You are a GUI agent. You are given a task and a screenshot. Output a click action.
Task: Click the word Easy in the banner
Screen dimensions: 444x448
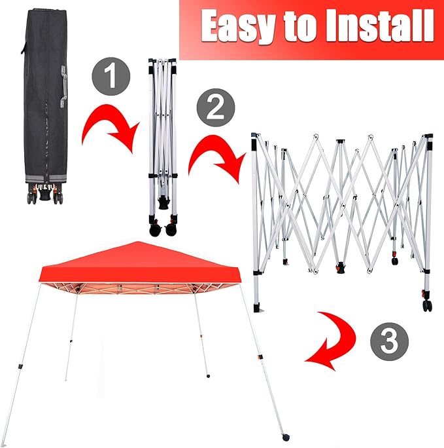[238, 26]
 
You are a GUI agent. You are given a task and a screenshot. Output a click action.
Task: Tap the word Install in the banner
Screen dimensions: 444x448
[379, 26]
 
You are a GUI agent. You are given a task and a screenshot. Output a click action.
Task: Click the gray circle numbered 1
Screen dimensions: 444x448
[111, 76]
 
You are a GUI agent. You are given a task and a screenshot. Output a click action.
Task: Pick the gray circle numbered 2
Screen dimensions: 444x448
[216, 107]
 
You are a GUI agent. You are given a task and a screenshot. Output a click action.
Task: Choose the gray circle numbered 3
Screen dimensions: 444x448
[389, 341]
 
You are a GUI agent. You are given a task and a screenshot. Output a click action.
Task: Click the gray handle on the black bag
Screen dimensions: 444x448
[63, 86]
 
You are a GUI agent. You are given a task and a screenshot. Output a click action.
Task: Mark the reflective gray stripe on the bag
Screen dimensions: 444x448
[46, 179]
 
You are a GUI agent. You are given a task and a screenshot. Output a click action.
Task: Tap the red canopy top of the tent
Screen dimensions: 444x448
[141, 266]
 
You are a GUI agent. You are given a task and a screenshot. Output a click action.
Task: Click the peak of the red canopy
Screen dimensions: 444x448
[138, 242]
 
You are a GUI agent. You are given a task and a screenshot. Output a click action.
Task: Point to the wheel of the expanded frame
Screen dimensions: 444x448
[427, 306]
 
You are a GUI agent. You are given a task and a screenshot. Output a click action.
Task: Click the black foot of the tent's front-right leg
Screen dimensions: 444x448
[286, 437]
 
